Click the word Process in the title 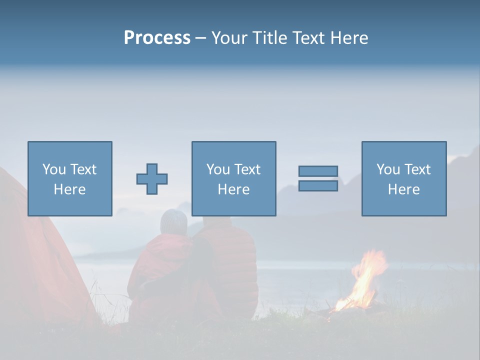157,38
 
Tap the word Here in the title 348,38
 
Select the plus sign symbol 152,179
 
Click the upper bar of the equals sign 318,171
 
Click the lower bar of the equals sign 318,186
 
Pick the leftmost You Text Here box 69,178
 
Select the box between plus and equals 233,178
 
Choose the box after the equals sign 403,178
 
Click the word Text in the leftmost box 82,169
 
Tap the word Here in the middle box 233,189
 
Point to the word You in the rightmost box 388,169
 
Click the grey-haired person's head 173,222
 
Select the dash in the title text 200,38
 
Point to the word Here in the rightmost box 403,189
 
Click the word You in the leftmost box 54,169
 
